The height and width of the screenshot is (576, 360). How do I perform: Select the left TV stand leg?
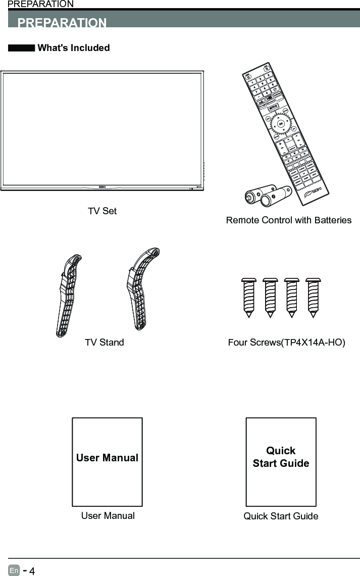(68, 295)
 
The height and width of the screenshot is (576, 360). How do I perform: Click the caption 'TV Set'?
(102, 211)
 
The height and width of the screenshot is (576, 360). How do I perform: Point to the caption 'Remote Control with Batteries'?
(289, 220)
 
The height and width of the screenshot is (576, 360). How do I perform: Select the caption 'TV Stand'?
(105, 343)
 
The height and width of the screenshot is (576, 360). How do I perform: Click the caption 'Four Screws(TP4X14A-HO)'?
(286, 343)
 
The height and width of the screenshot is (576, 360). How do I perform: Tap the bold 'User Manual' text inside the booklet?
(107, 458)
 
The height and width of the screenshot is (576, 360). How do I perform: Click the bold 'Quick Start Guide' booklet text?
(281, 457)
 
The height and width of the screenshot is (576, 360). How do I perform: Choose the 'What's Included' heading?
(74, 48)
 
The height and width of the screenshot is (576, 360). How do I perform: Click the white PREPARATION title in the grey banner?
(62, 23)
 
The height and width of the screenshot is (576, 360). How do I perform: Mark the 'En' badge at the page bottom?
(14, 570)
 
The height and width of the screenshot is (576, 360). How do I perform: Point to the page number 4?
(32, 571)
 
